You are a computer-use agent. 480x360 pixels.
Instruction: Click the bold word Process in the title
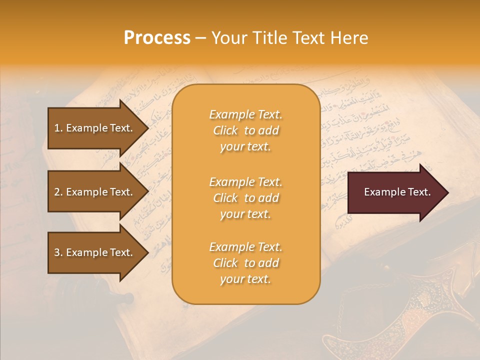pyautogui.click(x=157, y=38)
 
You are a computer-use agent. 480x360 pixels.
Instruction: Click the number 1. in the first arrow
pyautogui.click(x=58, y=128)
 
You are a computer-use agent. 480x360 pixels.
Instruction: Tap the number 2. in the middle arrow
pyautogui.click(x=58, y=192)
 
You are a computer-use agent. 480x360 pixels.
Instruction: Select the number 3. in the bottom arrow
pyautogui.click(x=58, y=252)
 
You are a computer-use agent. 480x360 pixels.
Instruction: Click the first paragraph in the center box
pyautogui.click(x=245, y=130)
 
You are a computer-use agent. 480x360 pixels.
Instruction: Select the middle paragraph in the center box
pyautogui.click(x=245, y=198)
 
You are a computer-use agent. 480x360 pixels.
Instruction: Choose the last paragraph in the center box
pyautogui.click(x=245, y=263)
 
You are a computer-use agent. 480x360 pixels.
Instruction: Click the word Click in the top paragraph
pyautogui.click(x=225, y=130)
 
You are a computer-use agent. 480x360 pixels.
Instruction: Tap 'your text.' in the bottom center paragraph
pyautogui.click(x=245, y=279)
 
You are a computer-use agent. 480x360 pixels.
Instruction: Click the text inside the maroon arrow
pyautogui.click(x=397, y=192)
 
